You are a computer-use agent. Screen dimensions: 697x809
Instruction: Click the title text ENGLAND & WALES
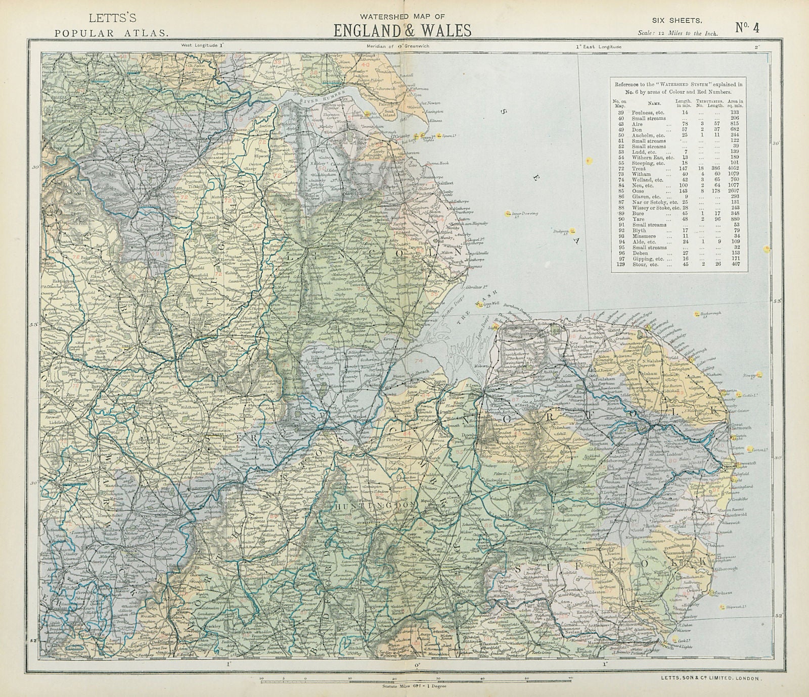coord(402,30)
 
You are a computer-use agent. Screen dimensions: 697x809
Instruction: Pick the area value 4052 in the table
coord(734,168)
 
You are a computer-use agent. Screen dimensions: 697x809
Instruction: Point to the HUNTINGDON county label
coord(374,505)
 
